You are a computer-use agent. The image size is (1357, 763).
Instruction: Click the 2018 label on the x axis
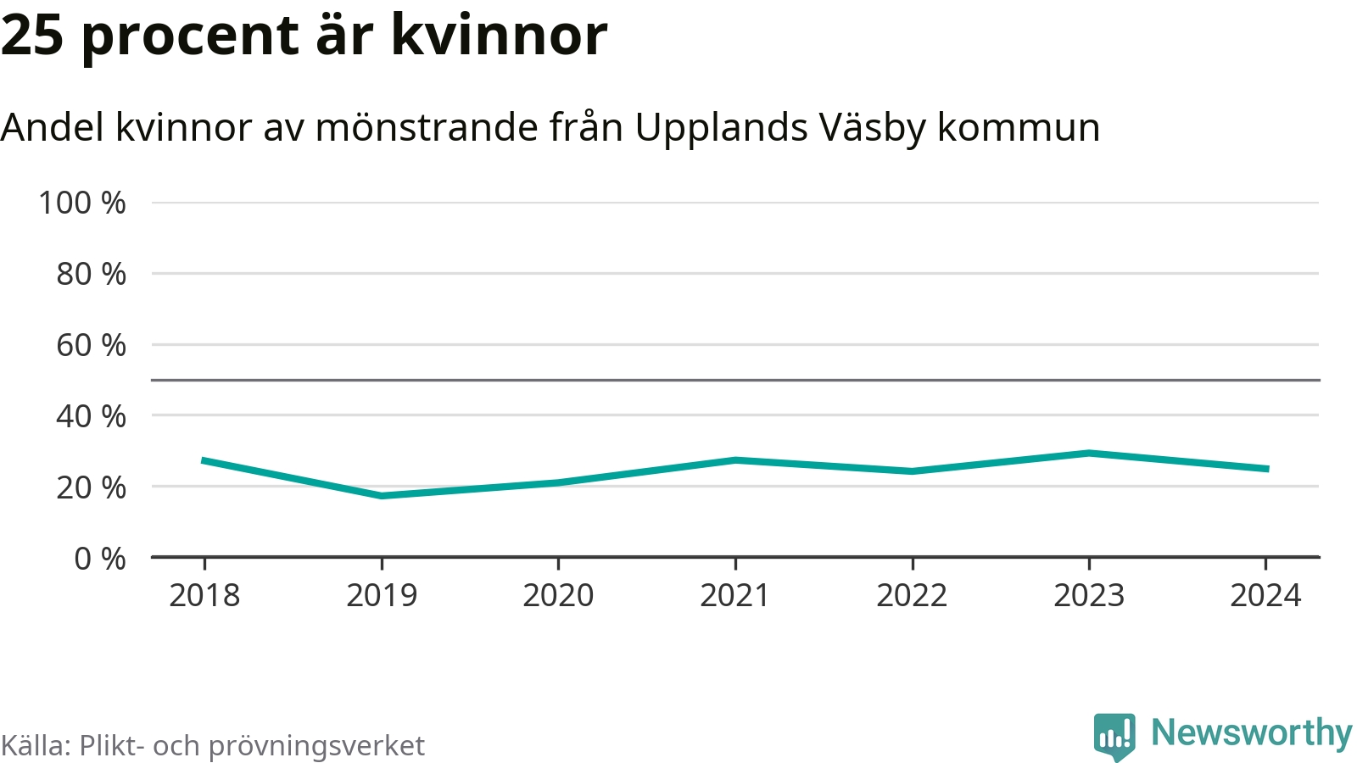tap(204, 596)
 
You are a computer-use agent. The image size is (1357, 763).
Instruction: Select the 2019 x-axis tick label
tap(382, 596)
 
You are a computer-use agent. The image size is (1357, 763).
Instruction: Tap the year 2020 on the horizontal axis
tap(558, 596)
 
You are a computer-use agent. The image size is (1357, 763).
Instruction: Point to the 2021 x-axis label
tap(734, 596)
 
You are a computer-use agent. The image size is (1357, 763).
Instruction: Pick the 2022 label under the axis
tap(912, 596)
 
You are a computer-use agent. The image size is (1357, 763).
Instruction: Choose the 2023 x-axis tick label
tap(1089, 596)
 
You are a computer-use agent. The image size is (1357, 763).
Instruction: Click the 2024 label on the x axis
tap(1265, 596)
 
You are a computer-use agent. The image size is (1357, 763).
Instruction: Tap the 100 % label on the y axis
tap(82, 203)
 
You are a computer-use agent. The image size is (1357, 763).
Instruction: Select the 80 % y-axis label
tap(91, 275)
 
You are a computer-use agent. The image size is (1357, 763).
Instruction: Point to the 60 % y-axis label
tap(91, 346)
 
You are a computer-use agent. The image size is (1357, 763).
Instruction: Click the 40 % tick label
tap(91, 417)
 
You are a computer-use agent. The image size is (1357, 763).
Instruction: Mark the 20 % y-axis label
tap(91, 488)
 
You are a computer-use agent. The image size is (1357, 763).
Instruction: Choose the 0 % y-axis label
tap(100, 560)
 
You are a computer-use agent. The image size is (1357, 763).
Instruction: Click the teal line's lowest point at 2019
tap(382, 496)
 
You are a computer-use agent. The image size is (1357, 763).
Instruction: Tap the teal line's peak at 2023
tap(1089, 453)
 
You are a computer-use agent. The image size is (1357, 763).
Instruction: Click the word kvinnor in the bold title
tap(499, 36)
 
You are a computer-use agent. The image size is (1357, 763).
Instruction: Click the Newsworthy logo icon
tap(1114, 736)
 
